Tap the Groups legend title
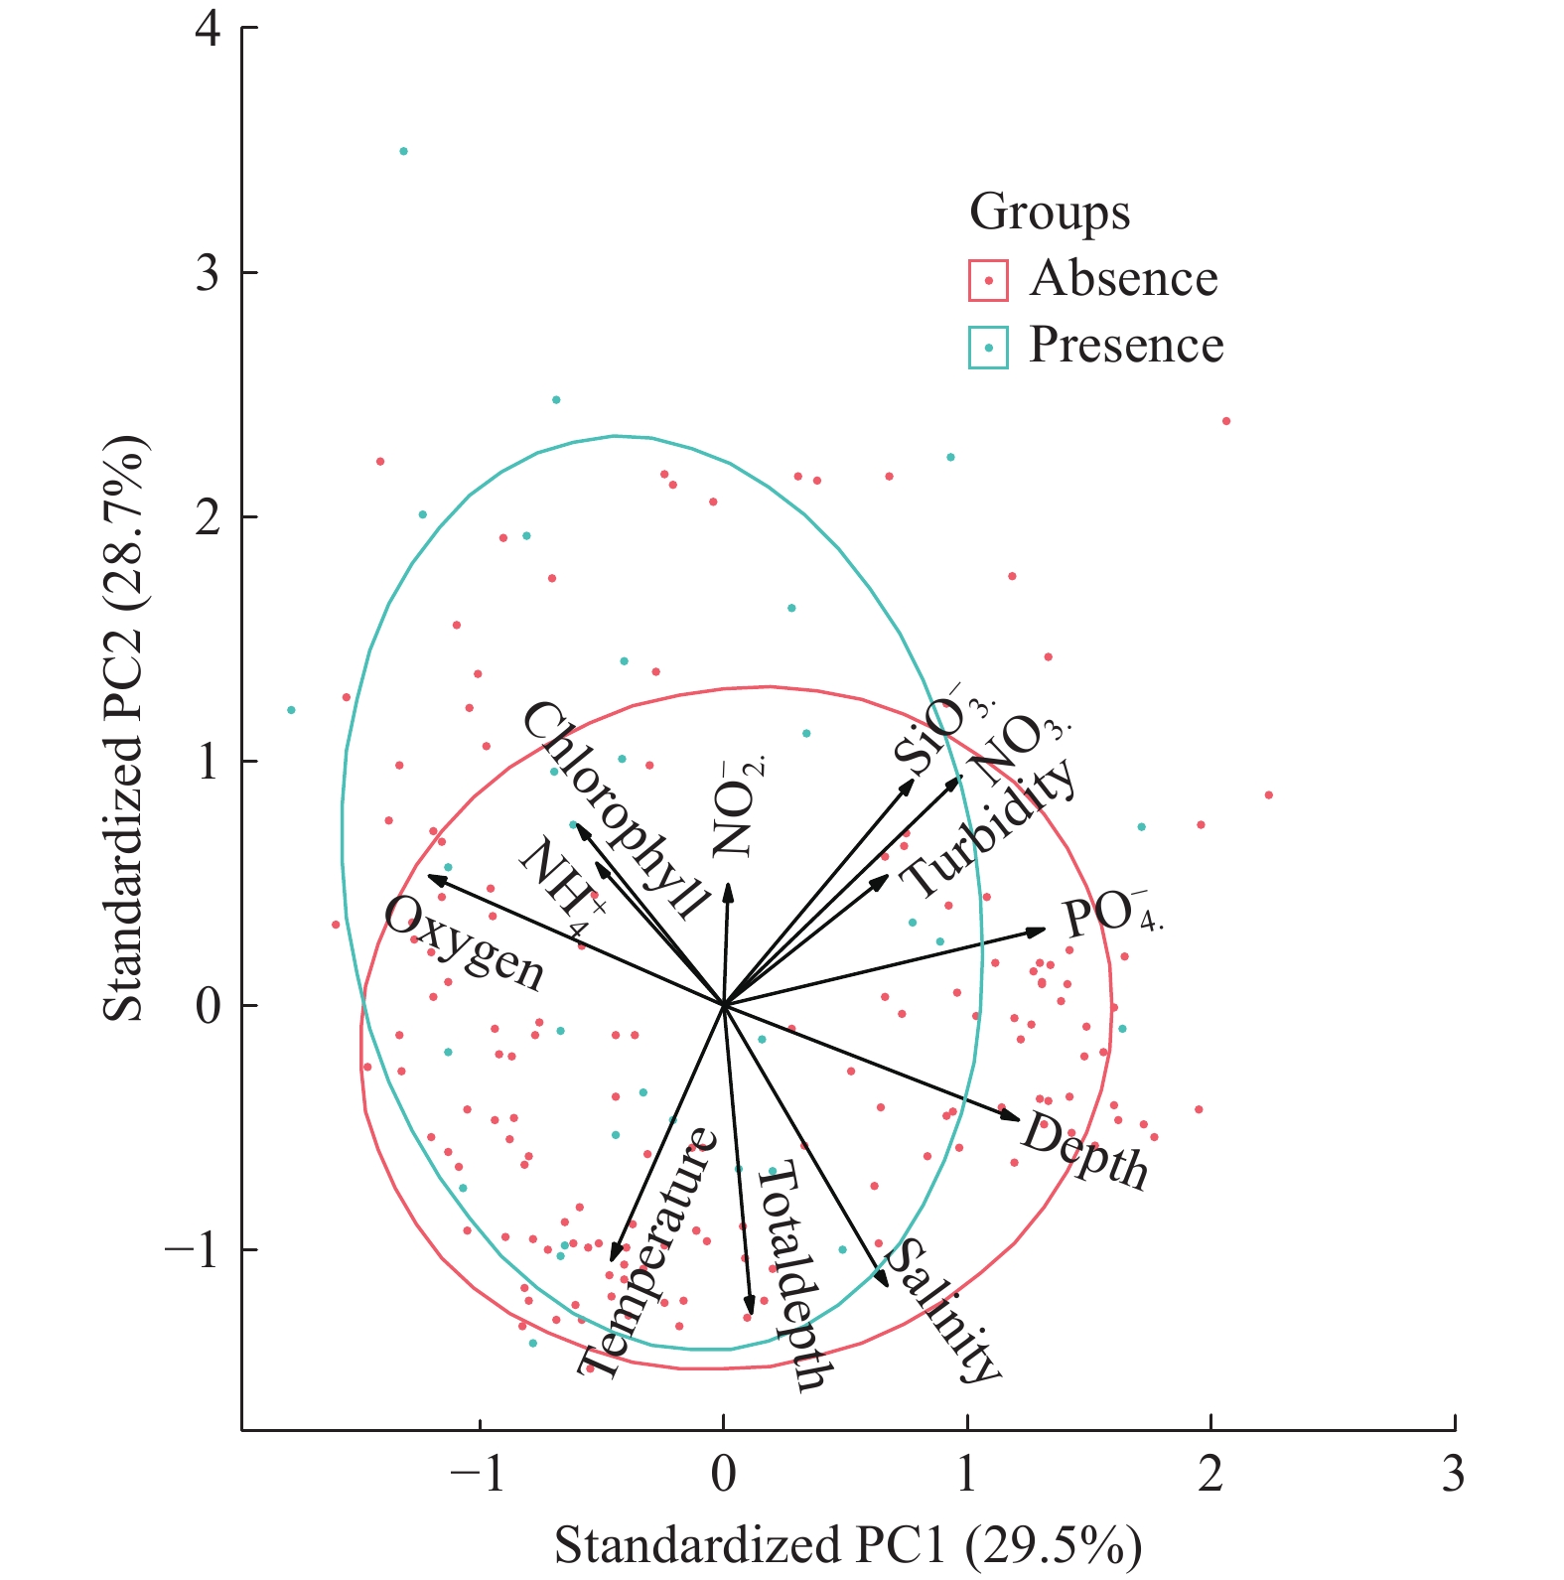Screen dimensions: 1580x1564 pos(1049,212)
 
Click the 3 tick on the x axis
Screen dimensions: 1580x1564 pos(1453,1475)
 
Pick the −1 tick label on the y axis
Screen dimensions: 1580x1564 pos(193,1250)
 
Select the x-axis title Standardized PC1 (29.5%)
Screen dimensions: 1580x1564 pos(847,1545)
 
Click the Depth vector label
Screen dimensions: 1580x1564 pos(1084,1150)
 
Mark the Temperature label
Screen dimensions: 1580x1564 pos(646,1253)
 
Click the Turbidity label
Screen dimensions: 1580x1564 pos(989,827)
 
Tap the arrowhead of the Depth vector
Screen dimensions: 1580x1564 pos(1018,1119)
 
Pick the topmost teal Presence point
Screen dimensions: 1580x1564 pos(403,152)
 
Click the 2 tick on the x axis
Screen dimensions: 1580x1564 pos(1209,1475)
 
